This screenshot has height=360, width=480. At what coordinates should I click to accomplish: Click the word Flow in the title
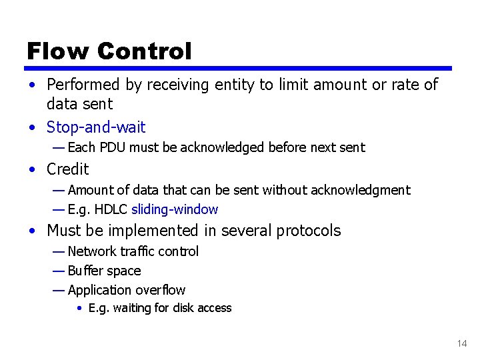coord(57,51)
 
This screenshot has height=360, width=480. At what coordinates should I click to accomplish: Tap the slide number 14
coord(462,343)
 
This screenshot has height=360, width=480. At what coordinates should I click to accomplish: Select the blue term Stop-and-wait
coord(96,127)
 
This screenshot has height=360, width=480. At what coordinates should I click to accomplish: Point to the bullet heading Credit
coord(67,169)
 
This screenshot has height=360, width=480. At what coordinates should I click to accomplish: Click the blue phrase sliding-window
coord(175,209)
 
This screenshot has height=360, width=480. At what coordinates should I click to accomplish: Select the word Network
coord(91,251)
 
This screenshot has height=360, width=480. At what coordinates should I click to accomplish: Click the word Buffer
coord(85,271)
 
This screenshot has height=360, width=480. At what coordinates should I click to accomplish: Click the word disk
coord(184,308)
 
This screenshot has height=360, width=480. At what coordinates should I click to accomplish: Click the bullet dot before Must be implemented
coord(32,231)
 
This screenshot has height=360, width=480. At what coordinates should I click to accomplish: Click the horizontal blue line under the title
coord(239,68)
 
